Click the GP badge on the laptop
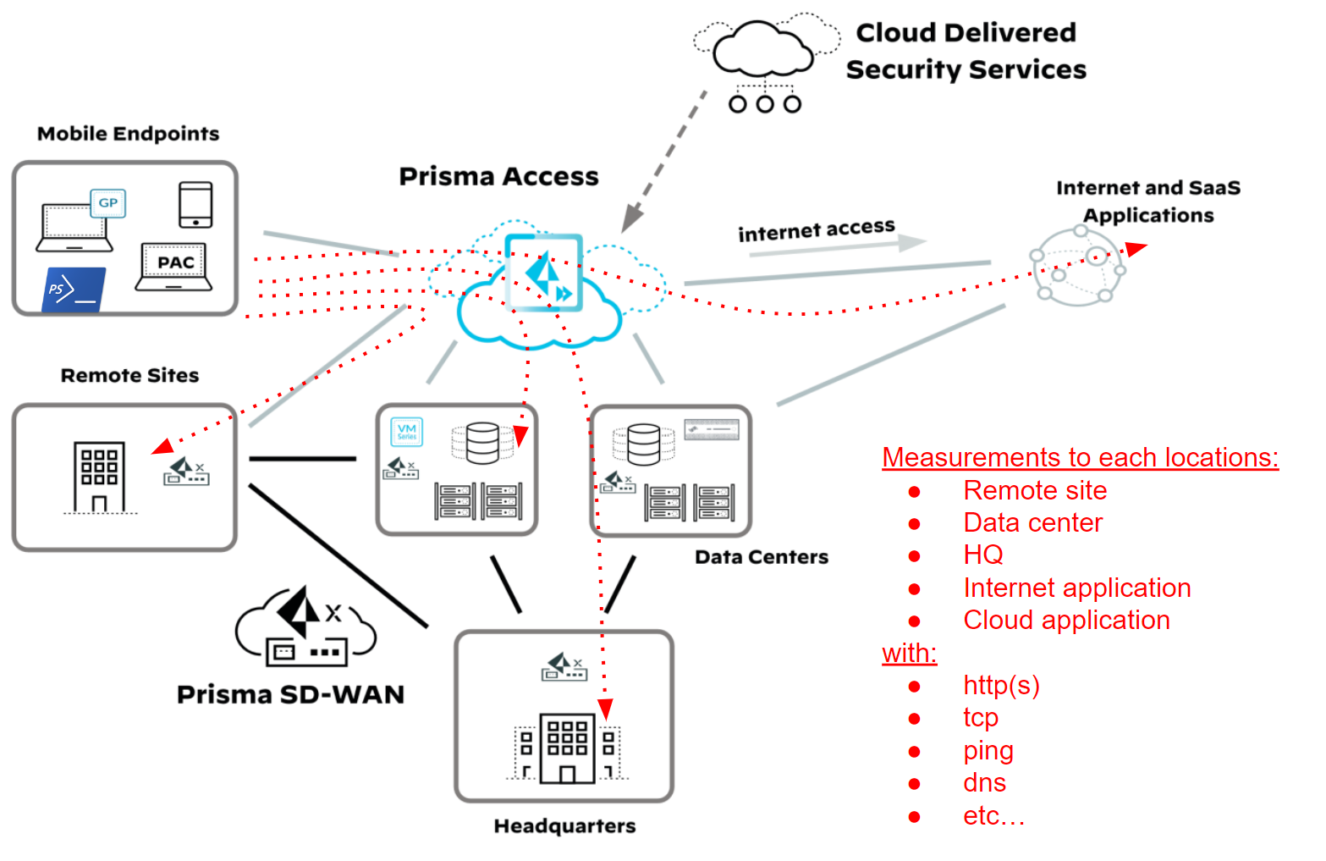click(x=107, y=203)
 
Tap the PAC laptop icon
click(x=174, y=268)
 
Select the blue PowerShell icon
click(x=73, y=290)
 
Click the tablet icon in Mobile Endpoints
click(x=195, y=205)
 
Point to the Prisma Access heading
click(x=498, y=176)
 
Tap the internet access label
click(x=816, y=229)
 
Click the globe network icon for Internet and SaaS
click(x=1077, y=266)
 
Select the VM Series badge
click(x=407, y=432)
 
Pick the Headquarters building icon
click(x=567, y=748)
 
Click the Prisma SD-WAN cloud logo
click(x=305, y=626)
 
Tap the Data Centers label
click(x=761, y=557)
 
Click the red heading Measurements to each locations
click(x=1080, y=457)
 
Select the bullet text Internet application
click(x=1076, y=588)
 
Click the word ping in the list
click(x=988, y=751)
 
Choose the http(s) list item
click(x=1001, y=685)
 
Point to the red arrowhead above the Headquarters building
click(x=605, y=709)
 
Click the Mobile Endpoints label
click(x=128, y=134)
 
